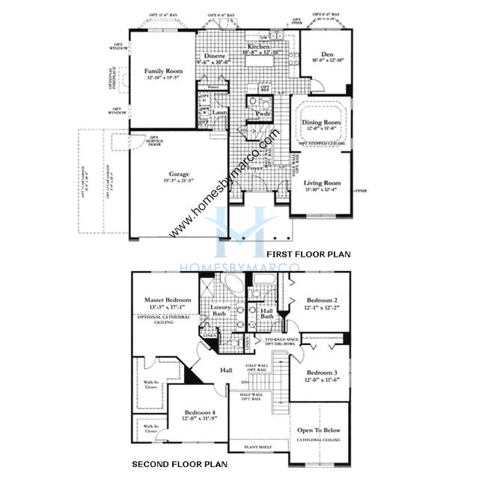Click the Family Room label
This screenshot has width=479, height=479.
click(163, 71)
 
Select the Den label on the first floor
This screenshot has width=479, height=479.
click(326, 54)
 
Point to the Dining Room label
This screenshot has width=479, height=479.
click(321, 122)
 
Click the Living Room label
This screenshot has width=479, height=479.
click(322, 183)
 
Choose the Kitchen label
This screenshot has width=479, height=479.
click(256, 47)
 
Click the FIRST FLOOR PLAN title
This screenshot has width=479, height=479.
click(313, 254)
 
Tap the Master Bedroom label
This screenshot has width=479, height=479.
click(168, 300)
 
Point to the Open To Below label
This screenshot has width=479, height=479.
click(320, 430)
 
